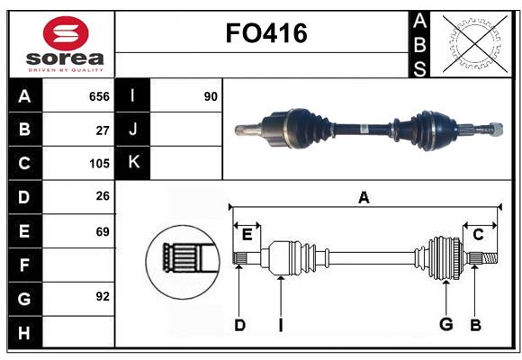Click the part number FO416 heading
[265, 33]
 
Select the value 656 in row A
[99, 96]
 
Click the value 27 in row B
[103, 130]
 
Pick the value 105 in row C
[99, 164]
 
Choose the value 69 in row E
[103, 231]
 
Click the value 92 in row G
[103, 296]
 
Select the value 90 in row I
[211, 96]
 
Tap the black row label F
[24, 265]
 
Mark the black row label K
[133, 163]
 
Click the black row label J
[133, 130]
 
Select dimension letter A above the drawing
[364, 197]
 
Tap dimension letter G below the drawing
[445, 324]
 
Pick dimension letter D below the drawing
[239, 324]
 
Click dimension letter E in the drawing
[247, 235]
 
